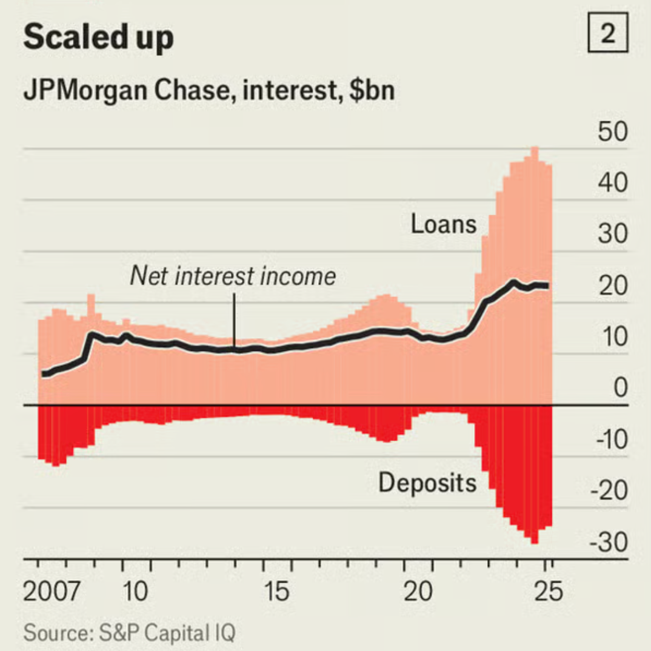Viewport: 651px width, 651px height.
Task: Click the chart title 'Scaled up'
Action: point(98,38)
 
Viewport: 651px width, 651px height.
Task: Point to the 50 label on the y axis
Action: point(612,133)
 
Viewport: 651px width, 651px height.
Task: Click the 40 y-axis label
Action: point(612,183)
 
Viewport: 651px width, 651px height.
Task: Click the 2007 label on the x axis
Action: point(52,591)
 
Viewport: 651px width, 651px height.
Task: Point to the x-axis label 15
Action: point(277,591)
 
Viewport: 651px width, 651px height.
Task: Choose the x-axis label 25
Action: point(547,591)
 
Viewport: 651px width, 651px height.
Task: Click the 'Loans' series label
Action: point(444,224)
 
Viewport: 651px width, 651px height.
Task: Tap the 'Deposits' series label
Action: point(427,483)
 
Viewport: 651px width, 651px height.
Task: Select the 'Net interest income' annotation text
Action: point(233,276)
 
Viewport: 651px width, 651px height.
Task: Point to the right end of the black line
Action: point(547,285)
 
